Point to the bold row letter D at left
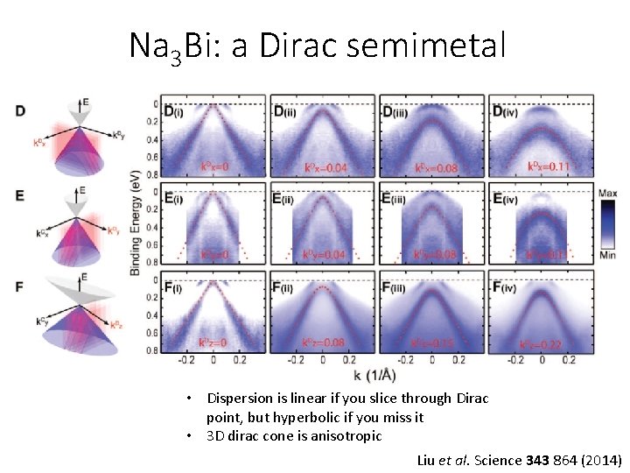(x=20, y=110)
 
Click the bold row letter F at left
(x=20, y=286)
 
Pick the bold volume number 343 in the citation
(x=536, y=459)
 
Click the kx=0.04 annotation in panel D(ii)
(x=325, y=167)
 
